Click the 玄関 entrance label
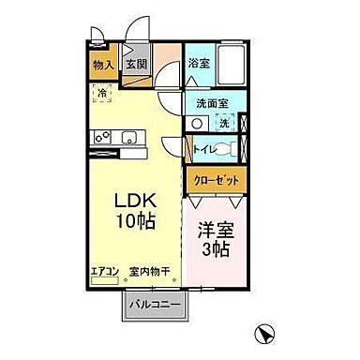point(137,65)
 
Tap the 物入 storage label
point(103,65)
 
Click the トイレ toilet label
point(202,147)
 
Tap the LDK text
point(134,202)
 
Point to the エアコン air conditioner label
point(104,273)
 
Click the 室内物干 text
point(150,273)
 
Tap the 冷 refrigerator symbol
point(102,93)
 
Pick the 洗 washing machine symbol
point(224,123)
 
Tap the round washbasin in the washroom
point(198,124)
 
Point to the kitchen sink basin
point(130,141)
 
